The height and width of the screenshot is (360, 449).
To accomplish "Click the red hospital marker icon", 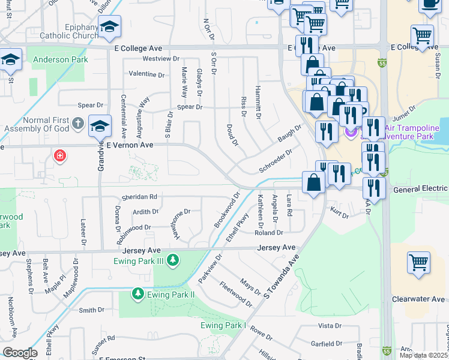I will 59,156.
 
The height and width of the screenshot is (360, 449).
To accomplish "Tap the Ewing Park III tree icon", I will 173,260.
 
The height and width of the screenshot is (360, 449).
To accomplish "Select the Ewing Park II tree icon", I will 137,294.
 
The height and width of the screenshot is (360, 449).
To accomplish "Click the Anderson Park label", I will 61,59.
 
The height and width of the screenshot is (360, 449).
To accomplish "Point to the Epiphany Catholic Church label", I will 69,31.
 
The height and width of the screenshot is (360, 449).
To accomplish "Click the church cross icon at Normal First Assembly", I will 77,124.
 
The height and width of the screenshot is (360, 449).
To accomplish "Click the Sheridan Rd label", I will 139,196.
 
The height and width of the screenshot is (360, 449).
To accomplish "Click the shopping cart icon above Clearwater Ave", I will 418,262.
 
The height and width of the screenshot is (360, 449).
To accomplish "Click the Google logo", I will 20,352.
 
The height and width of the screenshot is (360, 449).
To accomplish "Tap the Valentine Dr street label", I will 146,74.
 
